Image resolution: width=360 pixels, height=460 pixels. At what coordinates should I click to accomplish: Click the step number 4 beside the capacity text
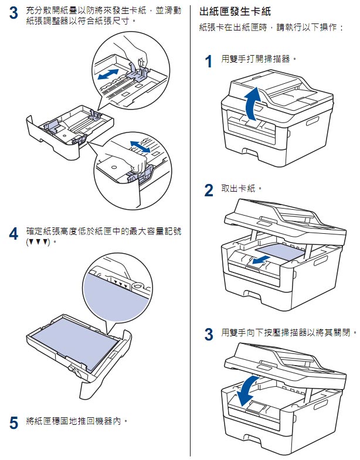tap(13, 233)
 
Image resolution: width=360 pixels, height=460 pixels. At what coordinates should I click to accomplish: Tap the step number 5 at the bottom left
tap(13, 421)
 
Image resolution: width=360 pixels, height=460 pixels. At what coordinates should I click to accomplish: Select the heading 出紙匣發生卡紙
tap(235, 11)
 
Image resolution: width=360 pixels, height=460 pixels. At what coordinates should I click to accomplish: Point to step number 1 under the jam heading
tap(208, 62)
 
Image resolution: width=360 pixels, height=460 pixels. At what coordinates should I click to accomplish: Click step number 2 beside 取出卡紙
tap(208, 190)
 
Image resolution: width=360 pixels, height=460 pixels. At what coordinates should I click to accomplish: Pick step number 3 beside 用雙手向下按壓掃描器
tap(208, 335)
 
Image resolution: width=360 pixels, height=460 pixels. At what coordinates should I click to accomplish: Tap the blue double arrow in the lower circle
tap(141, 146)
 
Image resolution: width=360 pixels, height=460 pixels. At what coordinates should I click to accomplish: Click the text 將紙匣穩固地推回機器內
tap(77, 420)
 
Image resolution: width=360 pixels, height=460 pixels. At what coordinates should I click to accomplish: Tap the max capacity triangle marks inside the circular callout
tap(121, 283)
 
